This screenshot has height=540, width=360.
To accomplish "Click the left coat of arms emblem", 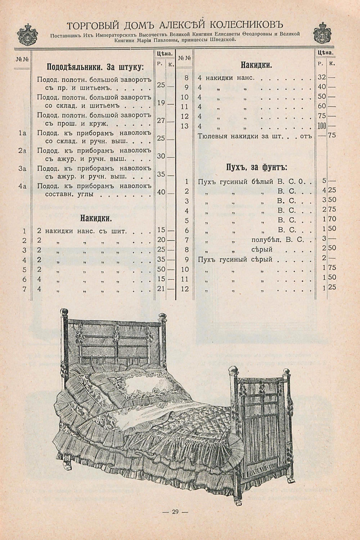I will point(27,34).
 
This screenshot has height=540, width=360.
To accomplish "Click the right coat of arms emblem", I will point(322,33).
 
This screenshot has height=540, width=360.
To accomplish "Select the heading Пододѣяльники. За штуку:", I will point(95,67).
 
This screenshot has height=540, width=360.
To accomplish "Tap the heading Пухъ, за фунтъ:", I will point(256,167).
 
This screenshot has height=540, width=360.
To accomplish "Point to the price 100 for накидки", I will point(322,126).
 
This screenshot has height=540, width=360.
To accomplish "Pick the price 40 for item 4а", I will point(161,192).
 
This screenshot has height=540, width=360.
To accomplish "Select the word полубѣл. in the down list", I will point(266,240).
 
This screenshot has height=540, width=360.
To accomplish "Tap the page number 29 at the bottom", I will point(175,512).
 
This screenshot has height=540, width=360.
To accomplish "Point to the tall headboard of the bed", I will point(114,341).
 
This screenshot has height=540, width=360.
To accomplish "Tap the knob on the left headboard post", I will point(64,312).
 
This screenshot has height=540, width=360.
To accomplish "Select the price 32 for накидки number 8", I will point(322,78).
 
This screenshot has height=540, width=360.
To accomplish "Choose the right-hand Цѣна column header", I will point(325,52).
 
